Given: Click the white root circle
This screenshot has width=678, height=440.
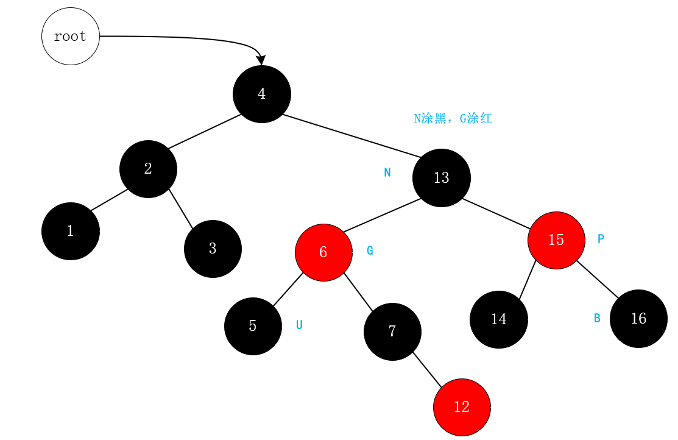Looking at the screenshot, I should point(70,37).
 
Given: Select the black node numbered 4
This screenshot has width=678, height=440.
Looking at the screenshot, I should point(262,94).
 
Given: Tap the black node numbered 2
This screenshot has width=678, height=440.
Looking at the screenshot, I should point(148,169).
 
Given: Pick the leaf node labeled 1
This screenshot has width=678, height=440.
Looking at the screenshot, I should point(70,231).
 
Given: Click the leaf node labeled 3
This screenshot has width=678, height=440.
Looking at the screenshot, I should point(213,249).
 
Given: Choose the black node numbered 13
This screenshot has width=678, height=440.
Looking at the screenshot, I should point(441,178).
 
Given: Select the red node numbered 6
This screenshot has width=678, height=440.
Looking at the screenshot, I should point(323,252).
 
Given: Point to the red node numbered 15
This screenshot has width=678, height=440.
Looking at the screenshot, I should point(556,240).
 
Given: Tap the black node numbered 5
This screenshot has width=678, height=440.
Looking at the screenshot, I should point(253,326).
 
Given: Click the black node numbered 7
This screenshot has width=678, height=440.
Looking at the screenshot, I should point(392,332).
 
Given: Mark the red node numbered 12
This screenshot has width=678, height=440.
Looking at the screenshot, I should point(462,407).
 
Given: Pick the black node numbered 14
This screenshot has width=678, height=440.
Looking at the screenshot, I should point(498,319).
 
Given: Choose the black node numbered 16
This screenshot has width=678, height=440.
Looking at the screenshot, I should point(638,319).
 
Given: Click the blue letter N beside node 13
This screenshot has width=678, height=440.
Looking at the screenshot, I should point(387,172).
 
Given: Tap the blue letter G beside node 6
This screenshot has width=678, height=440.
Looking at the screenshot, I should point(370,250).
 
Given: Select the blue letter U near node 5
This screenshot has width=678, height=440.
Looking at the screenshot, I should point(299,325).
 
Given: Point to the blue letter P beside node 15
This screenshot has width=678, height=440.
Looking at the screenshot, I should point(601,239).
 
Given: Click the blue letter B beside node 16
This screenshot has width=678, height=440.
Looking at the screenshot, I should point(597,318).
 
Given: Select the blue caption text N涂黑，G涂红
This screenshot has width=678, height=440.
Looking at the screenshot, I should point(453,119).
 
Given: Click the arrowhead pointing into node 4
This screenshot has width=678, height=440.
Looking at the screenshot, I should point(261,60).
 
